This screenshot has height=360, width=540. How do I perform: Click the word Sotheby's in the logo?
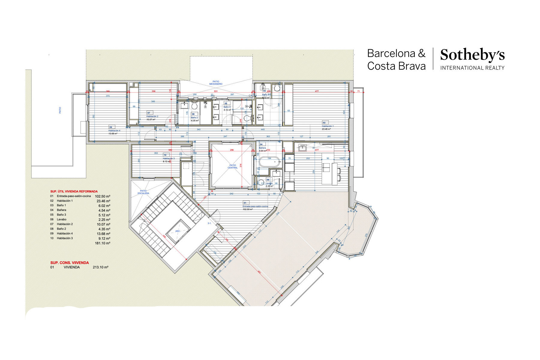(472, 55)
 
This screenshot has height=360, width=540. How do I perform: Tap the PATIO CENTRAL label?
(232, 166)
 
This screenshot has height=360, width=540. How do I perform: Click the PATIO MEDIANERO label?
(216, 83)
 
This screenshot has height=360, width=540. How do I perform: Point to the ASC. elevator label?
(178, 231)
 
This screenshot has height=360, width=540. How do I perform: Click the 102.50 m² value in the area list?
(102, 196)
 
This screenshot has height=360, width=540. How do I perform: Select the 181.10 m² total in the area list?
(102, 243)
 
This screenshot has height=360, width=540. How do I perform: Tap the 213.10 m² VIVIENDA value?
(100, 267)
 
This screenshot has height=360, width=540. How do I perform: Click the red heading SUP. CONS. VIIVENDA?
(70, 263)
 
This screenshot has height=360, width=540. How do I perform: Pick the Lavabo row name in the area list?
(61, 220)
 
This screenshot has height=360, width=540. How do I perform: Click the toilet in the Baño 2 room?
(194, 106)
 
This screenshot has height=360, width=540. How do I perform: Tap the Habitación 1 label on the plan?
(328, 126)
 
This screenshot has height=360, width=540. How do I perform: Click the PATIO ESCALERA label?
(143, 192)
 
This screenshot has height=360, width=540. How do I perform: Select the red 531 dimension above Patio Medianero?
(216, 91)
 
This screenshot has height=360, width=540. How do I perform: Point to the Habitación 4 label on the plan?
(114, 131)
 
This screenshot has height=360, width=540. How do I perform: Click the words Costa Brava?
(396, 66)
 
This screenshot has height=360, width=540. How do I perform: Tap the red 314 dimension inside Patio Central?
(241, 165)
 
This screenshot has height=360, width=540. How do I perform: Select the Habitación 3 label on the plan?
(169, 158)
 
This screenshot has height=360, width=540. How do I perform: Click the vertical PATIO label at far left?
(60, 110)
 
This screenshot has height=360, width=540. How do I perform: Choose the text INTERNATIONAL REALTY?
(472, 68)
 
